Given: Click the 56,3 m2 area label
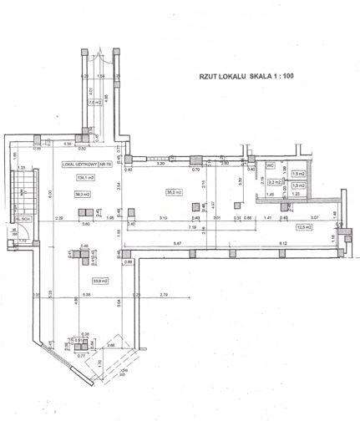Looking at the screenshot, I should click(82, 194).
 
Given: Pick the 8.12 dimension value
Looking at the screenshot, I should click(282, 242).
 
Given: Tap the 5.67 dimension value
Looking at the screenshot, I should click(177, 242).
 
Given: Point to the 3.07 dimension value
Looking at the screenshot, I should click(315, 217).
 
